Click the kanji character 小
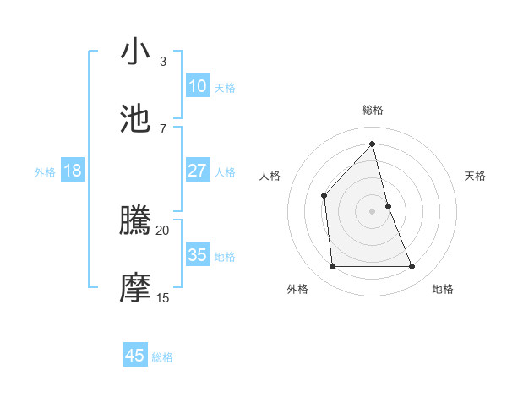click(135, 53)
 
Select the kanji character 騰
click(135, 221)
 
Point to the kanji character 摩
click(135, 287)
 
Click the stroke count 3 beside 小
click(162, 62)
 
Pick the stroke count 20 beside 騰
click(162, 230)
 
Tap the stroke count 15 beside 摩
click(162, 297)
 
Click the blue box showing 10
click(197, 86)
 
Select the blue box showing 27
click(197, 171)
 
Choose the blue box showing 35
click(197, 255)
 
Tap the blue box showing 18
click(73, 171)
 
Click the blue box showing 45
click(135, 356)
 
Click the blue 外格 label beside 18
click(45, 172)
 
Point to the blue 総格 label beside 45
click(162, 357)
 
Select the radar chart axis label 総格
click(373, 110)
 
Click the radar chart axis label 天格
click(475, 176)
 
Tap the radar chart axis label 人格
click(270, 176)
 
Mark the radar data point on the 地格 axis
click(412, 267)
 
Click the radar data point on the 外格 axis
click(332, 267)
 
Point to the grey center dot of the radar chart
click(373, 211)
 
